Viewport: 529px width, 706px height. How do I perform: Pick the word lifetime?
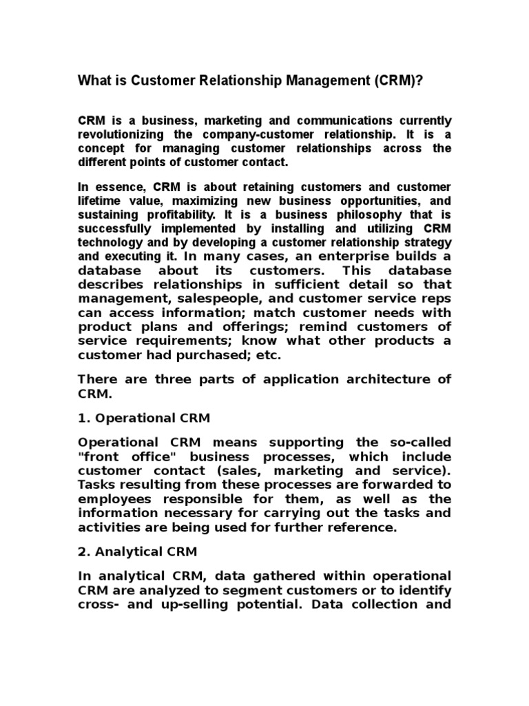(x=98, y=200)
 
